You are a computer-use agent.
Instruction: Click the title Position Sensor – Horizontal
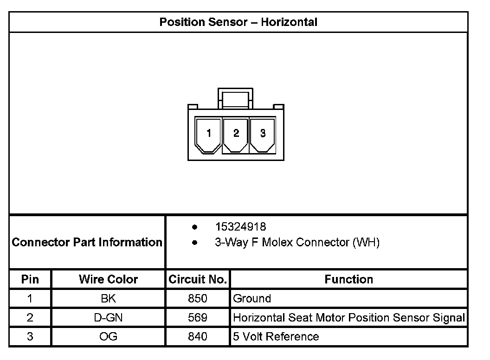238,22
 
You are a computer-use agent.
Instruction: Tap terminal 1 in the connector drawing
209,134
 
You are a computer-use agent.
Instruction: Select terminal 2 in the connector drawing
236,134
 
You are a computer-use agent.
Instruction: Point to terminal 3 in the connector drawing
263,134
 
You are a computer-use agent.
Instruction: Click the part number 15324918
240,227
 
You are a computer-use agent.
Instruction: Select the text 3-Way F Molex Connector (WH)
297,242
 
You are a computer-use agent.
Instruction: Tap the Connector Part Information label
87,242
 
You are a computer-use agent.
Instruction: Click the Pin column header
30,279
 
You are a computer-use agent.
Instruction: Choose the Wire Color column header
108,279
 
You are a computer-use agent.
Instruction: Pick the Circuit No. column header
198,279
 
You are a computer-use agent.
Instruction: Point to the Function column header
348,279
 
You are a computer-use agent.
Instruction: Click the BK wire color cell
108,298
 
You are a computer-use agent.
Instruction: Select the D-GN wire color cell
108,318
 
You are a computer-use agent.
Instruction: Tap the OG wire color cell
108,336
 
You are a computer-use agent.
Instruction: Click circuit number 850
198,298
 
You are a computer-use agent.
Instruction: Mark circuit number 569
198,318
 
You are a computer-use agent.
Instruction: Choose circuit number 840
198,336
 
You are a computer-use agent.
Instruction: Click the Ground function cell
252,298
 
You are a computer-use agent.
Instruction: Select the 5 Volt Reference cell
276,336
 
